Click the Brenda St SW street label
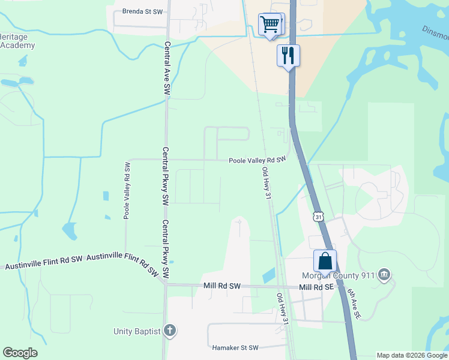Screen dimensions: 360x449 (x=142, y=11)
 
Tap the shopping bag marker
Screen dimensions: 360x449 (x=325, y=261)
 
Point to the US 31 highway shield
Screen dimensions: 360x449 (x=318, y=216)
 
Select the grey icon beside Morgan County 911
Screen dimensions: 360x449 (x=385, y=275)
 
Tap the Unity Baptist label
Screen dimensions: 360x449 (x=137, y=331)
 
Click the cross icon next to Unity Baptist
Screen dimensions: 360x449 (x=170, y=331)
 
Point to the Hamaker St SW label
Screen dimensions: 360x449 (x=235, y=347)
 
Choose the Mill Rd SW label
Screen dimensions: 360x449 (x=221, y=287)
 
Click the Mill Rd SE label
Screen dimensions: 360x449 (x=316, y=287)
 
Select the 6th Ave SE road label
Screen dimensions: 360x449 (x=354, y=304)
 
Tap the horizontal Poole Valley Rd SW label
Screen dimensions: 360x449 (x=256, y=160)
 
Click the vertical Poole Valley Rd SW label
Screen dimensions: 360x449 (x=127, y=190)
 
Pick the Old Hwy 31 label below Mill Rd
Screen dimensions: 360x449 (x=283, y=309)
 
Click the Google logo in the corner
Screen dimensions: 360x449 (x=20, y=353)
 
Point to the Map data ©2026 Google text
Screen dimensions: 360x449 (x=412, y=355)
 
